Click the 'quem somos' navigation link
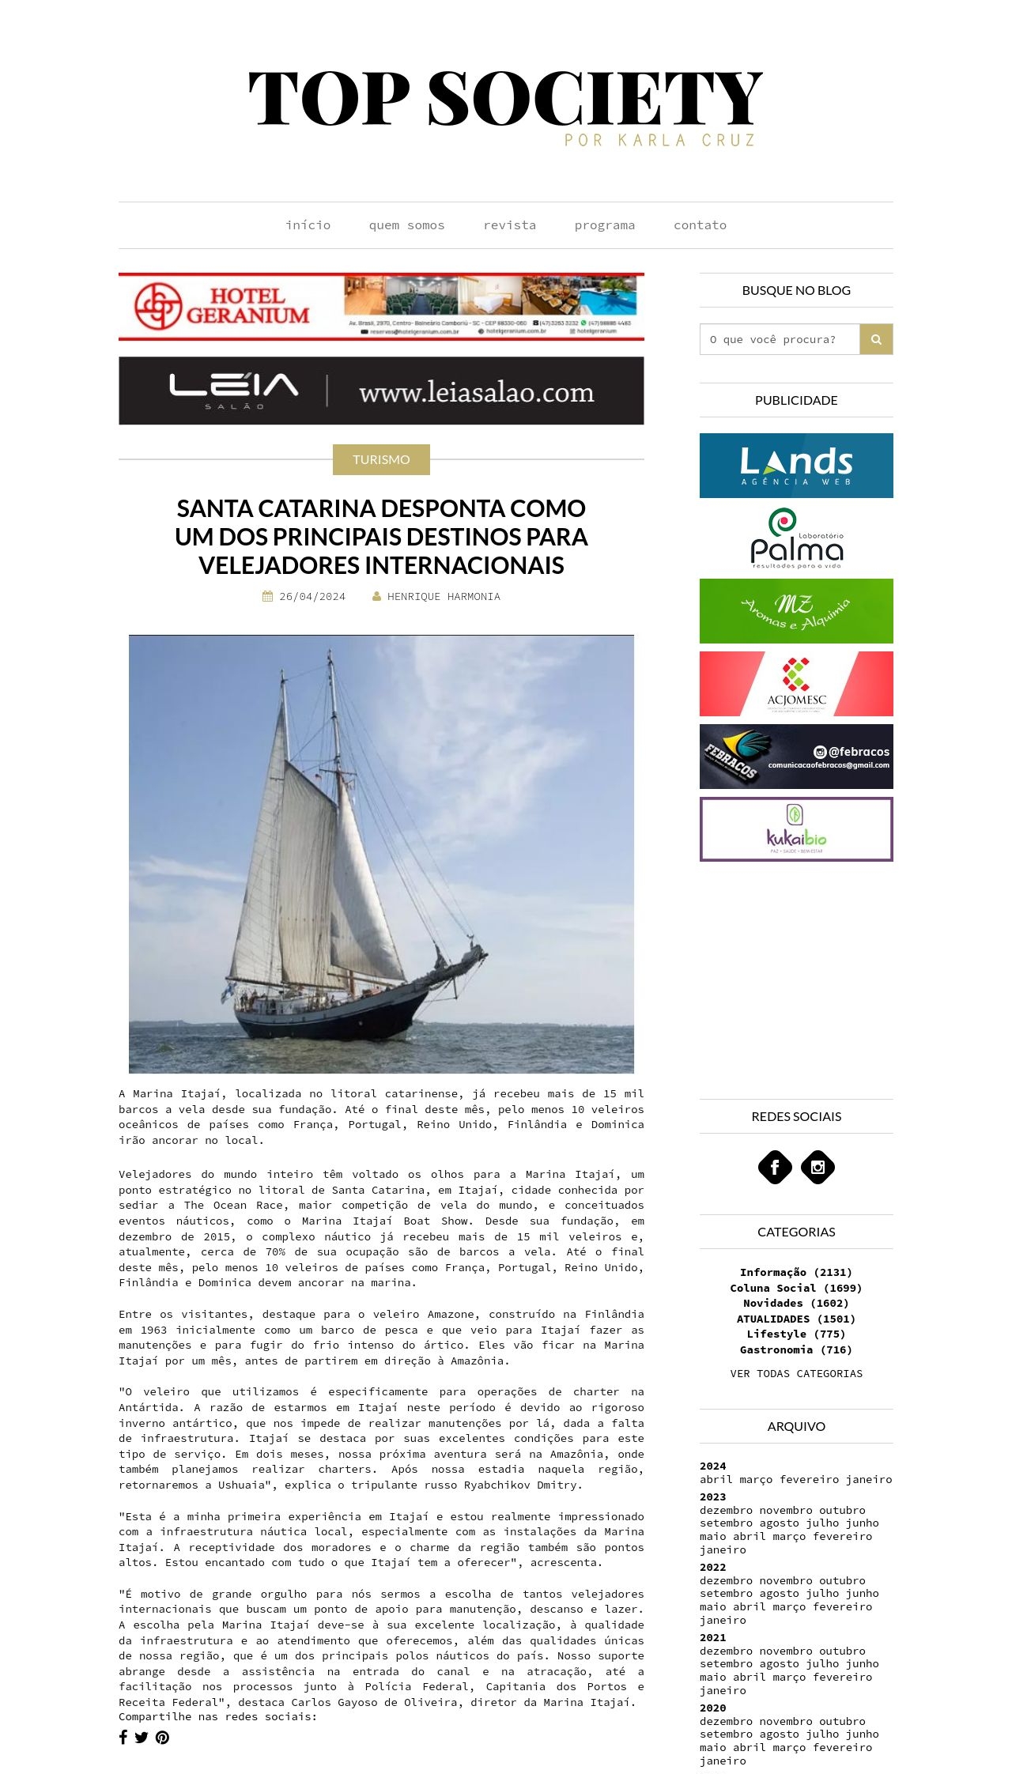tap(406, 225)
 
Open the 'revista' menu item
tap(509, 225)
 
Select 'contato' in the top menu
tap(700, 225)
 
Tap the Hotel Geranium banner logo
tap(222, 307)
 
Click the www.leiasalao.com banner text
tap(476, 392)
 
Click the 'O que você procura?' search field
tap(780, 339)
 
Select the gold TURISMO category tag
tap(381, 459)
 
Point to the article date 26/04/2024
tap(312, 597)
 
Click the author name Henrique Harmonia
tap(443, 597)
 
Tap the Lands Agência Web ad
tap(796, 466)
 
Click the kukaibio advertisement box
tap(796, 829)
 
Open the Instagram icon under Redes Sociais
tap(818, 1167)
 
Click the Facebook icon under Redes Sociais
tap(775, 1167)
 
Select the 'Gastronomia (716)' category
tap(795, 1349)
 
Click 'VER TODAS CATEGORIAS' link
tap(796, 1373)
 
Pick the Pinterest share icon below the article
tap(162, 1737)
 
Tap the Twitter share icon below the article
tap(142, 1737)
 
